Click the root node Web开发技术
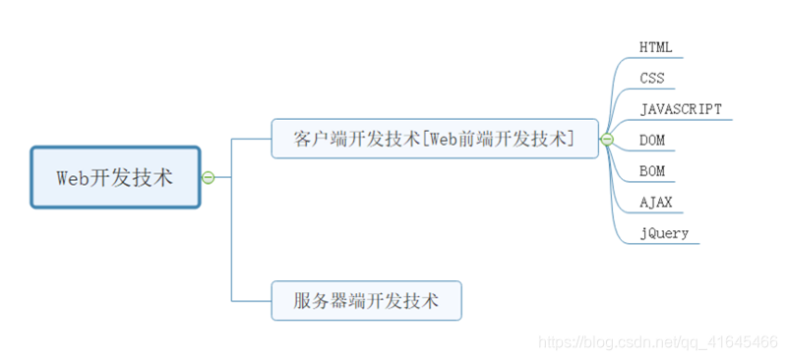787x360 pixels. point(115,177)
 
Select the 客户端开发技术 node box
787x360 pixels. point(434,139)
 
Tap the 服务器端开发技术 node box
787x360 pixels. point(366,300)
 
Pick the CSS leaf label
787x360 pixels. point(651,78)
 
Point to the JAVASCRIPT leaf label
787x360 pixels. point(681,109)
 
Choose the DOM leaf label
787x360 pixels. point(652,140)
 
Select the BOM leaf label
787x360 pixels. point(652,171)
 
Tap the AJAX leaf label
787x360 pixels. point(655,202)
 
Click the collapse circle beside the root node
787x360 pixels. point(208,177)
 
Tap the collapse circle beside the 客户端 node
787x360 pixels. point(607,140)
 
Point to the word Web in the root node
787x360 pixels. point(72,177)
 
